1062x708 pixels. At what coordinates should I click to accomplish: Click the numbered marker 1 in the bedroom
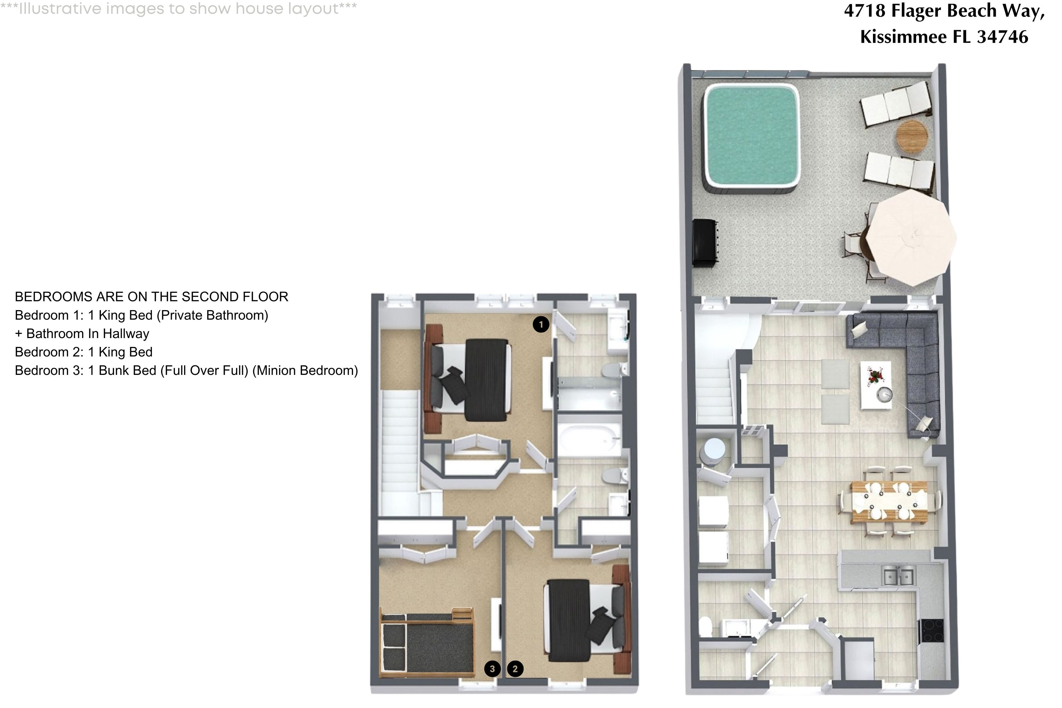(541, 324)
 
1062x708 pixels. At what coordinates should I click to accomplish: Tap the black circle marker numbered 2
(515, 669)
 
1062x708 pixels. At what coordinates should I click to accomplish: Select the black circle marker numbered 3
(492, 669)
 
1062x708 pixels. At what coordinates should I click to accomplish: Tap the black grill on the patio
(705, 244)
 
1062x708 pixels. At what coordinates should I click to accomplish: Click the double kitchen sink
(898, 577)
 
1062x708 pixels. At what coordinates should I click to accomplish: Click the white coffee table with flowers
(875, 385)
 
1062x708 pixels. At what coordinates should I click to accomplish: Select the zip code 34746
(1003, 36)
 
